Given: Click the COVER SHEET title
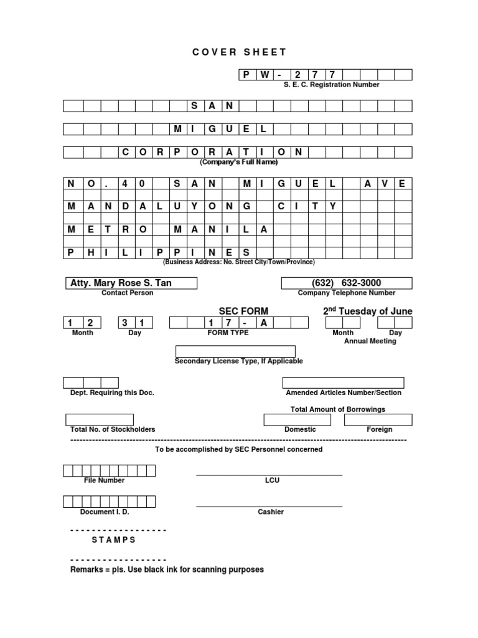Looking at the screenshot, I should tap(240, 53).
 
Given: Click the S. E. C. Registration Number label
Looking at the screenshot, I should tap(327, 85).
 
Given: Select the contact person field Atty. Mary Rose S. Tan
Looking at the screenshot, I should tap(131, 283).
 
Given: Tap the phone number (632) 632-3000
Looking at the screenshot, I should tap(347, 283).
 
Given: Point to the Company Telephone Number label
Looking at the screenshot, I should tap(347, 293).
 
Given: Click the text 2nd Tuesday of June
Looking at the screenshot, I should tap(367, 311).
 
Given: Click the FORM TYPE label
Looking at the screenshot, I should tap(228, 333).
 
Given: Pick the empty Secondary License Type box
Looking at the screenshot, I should tap(235, 351).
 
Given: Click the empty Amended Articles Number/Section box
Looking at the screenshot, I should tap(343, 383).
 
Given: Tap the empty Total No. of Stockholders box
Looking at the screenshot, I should tap(100, 419).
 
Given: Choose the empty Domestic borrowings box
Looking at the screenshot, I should tap(301, 419).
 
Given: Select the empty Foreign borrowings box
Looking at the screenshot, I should tap(378, 419).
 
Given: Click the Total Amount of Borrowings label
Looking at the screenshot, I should tap(338, 409).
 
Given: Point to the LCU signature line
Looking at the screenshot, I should tap(269, 475).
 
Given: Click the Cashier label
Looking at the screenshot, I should tap(271, 512).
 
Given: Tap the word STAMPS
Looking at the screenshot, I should tap(113, 540).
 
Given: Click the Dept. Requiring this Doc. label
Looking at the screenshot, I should tap(112, 393).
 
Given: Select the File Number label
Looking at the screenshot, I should tap(104, 480).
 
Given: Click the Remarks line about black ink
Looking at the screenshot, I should tap(167, 569).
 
